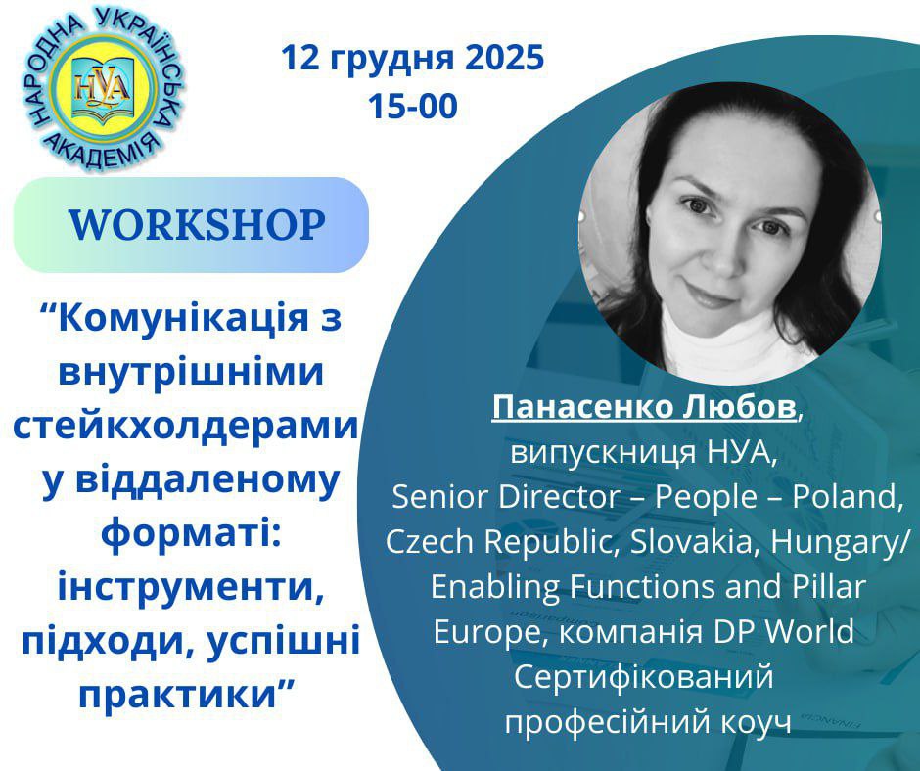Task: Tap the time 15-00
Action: click(413, 107)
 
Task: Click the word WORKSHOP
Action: click(197, 225)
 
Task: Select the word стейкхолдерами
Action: click(185, 427)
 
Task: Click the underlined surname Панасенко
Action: click(582, 407)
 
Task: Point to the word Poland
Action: click(846, 498)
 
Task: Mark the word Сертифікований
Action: click(644, 677)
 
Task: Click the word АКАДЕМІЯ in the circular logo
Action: click(104, 152)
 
